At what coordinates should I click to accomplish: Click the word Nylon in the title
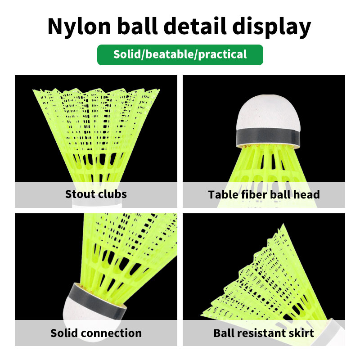click(79, 27)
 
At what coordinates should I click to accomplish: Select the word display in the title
click(272, 27)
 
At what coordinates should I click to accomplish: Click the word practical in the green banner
click(222, 55)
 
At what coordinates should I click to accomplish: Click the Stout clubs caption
click(96, 194)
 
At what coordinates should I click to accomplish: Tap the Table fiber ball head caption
click(264, 194)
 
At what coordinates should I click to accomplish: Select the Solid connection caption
click(96, 333)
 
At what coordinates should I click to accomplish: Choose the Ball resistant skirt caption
click(264, 333)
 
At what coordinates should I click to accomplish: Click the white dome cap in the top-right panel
click(269, 112)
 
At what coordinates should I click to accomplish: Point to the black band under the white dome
click(268, 137)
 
